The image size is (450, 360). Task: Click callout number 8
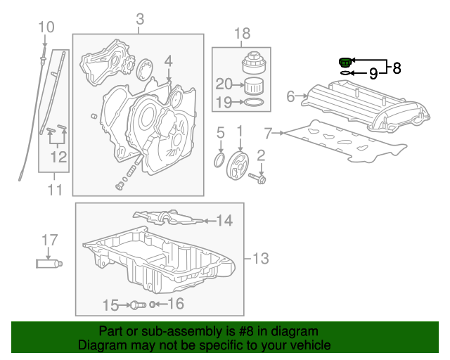[x=397, y=68]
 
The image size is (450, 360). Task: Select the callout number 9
[x=373, y=72]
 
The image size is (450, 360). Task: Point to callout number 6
[x=290, y=96]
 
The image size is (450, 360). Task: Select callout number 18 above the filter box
[x=242, y=33]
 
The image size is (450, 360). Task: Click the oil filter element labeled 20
[x=252, y=87]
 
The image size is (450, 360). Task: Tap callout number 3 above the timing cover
[x=139, y=18]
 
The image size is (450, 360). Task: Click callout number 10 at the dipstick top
[x=46, y=27]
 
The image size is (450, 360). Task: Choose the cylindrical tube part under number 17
[x=49, y=264]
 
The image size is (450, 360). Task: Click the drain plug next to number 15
[x=137, y=304]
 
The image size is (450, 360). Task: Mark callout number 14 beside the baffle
[x=224, y=221]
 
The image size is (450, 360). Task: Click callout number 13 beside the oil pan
[x=259, y=259]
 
